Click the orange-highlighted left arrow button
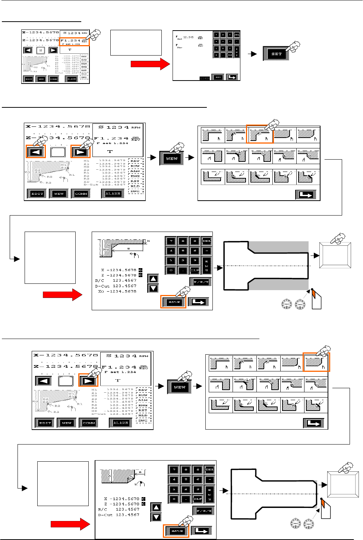[36, 152]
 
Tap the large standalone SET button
[276, 54]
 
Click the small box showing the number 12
[41, 50]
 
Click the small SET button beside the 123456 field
[218, 77]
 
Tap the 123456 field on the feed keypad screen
[205, 78]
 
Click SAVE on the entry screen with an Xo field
[173, 302]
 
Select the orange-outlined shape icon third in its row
[260, 135]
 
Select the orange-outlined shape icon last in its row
[316, 362]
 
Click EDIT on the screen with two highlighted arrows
[37, 194]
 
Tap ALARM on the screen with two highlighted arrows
[113, 194]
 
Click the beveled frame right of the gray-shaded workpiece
[335, 256]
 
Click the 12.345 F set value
[188, 37]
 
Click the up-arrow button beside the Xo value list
[153, 279]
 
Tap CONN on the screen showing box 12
[54, 79]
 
